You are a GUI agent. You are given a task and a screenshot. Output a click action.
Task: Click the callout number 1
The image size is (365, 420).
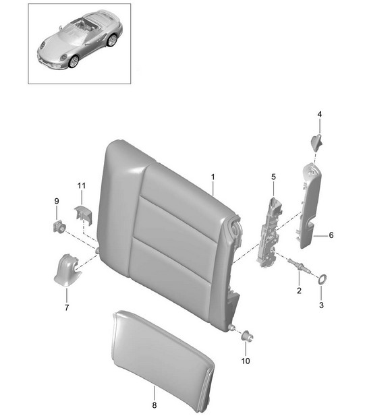[x=213, y=177]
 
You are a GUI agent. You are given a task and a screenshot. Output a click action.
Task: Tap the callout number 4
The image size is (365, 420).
[x=319, y=115]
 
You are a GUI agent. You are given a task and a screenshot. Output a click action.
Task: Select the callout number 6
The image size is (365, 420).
[x=331, y=235]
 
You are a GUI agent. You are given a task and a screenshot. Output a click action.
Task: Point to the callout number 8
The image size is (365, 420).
[x=155, y=405]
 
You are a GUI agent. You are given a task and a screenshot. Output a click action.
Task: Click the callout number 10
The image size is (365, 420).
[x=246, y=361]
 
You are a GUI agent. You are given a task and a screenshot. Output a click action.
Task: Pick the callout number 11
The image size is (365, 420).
[x=82, y=185]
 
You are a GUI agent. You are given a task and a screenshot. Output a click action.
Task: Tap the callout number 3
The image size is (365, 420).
[x=321, y=305]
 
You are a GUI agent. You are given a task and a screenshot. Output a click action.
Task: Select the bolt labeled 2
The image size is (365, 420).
[x=299, y=266]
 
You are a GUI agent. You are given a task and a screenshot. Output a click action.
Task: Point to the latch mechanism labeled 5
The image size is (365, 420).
[x=270, y=233]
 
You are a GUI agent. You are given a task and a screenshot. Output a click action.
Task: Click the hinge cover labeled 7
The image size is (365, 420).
[x=67, y=270]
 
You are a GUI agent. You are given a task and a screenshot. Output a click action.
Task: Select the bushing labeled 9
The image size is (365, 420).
[x=59, y=227]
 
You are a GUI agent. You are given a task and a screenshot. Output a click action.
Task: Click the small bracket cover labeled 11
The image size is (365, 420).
[x=82, y=214]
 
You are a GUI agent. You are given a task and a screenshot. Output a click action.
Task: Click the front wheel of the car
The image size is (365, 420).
[x=73, y=61]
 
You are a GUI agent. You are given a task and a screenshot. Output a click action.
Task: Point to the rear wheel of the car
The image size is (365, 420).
[x=111, y=40]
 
